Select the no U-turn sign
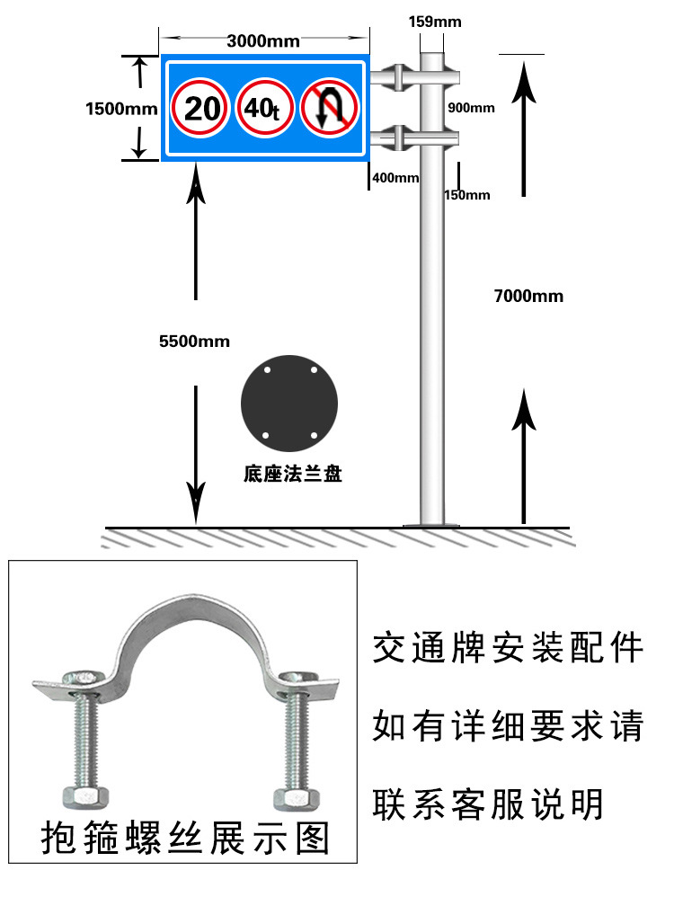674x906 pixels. (329, 109)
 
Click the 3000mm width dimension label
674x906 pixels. (263, 40)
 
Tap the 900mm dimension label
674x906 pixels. (471, 108)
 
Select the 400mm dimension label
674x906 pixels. (395, 177)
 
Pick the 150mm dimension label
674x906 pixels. (466, 195)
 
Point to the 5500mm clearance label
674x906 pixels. (194, 341)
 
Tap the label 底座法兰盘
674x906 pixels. (292, 474)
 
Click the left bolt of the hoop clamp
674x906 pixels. (80, 737)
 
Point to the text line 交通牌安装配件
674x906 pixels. (508, 647)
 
